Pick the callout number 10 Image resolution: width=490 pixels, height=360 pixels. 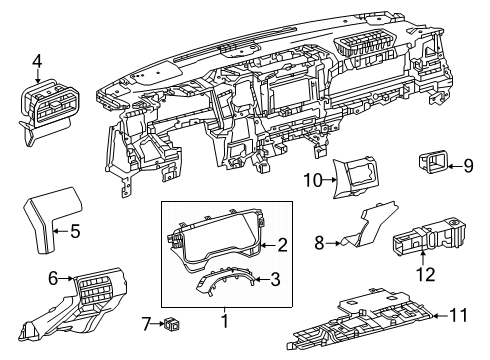click(x=310, y=179)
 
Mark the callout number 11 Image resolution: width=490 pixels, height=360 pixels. click(x=459, y=314)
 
